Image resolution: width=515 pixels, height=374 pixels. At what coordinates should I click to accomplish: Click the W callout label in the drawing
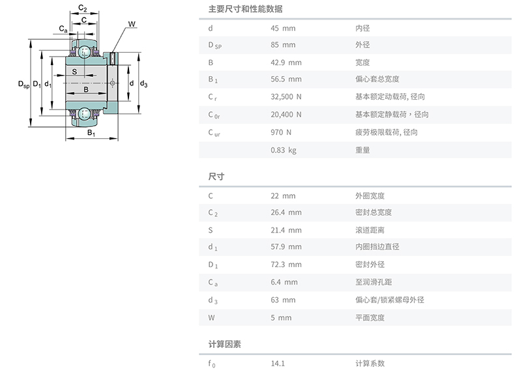pos(132,24)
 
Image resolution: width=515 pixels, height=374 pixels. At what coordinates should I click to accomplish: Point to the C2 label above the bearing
pos(82,8)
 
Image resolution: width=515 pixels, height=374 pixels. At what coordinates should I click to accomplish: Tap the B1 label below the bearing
pos(91,133)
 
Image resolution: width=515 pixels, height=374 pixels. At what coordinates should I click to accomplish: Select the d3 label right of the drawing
pos(143,84)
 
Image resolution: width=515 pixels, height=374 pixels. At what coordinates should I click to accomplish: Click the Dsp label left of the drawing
pos(23,85)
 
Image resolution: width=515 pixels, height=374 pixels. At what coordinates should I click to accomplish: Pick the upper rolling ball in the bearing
pos(84,52)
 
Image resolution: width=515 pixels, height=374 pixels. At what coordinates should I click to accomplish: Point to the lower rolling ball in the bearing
pos(84,113)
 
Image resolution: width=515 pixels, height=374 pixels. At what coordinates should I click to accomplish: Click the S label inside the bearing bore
pos(74,72)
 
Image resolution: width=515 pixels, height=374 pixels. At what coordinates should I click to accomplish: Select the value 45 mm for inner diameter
pos(283,28)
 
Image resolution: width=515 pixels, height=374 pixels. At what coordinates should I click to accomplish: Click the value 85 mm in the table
pos(283,45)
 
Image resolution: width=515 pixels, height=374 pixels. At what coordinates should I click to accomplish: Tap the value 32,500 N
pos(286,97)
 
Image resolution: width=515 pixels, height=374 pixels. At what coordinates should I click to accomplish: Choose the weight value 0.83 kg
pos(284,151)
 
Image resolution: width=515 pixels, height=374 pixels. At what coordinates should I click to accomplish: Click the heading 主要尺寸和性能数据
pos(245,9)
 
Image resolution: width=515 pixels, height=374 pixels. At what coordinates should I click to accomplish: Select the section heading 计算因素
pos(225,344)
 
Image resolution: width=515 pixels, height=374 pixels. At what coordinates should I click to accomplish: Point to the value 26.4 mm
pos(286,212)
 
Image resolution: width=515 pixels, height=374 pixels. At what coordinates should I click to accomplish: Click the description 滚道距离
pos(370,230)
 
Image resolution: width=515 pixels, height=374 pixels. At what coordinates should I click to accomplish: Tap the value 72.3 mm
pos(286,265)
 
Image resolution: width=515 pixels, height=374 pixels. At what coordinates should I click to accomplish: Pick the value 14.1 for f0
pos(278,364)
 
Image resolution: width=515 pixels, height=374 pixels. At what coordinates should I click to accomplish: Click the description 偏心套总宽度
pos(377,79)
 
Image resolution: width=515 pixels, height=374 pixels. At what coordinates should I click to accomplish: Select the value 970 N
pos(281,132)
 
